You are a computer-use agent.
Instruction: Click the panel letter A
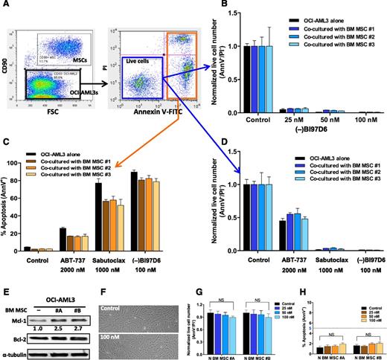click(x=6, y=5)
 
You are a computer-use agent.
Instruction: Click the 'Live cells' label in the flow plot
click(x=131, y=68)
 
